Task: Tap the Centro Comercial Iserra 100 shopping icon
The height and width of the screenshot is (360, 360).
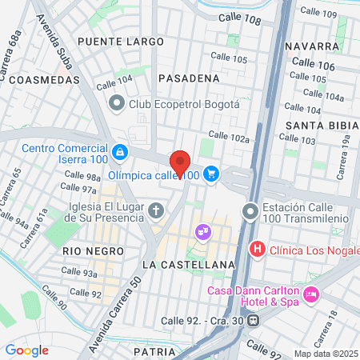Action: (x=119, y=151)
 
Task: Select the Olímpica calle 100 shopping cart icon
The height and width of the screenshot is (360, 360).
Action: (x=211, y=173)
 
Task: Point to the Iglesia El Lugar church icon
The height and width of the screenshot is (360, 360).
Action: (x=156, y=211)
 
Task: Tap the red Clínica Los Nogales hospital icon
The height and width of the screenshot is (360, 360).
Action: (x=258, y=249)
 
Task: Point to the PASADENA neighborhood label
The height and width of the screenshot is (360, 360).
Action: (x=189, y=78)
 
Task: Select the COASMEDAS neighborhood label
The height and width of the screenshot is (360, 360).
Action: (x=46, y=80)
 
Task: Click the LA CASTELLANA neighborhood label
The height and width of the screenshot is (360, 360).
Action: (x=188, y=264)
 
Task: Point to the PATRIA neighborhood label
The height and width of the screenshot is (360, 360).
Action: (x=154, y=351)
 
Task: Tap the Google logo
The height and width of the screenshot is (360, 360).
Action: (x=26, y=350)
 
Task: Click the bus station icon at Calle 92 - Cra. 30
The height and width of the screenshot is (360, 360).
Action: (x=254, y=321)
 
